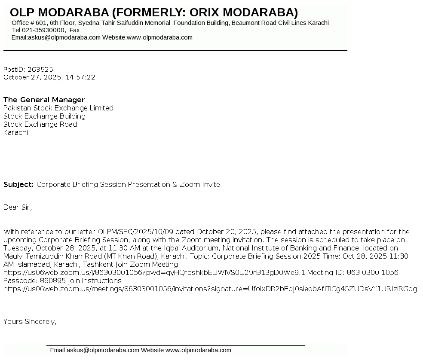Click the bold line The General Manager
pyautogui.click(x=44, y=100)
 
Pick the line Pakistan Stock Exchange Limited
pyautogui.click(x=58, y=108)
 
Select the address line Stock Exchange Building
pyautogui.click(x=44, y=116)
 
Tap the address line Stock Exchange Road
pyautogui.click(x=40, y=124)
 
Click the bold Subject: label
pyautogui.click(x=18, y=184)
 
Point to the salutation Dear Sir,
pyautogui.click(x=18, y=207)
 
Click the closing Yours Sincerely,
pyautogui.click(x=30, y=321)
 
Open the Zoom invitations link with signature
pyautogui.click(x=210, y=289)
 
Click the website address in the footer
pyautogui.click(x=198, y=350)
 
